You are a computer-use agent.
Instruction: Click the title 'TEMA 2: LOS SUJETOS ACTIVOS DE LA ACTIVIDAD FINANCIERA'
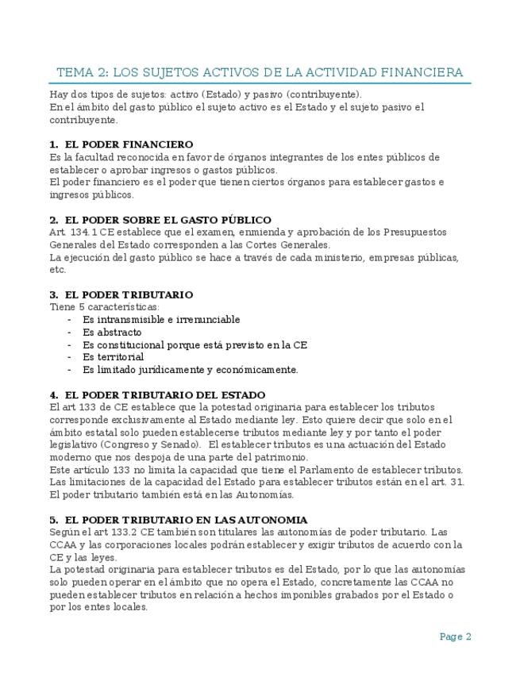[260, 72]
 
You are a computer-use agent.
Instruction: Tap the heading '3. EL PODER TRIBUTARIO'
[121, 294]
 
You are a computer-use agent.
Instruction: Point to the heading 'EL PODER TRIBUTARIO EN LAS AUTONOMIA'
[178, 520]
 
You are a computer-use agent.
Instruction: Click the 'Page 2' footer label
[456, 636]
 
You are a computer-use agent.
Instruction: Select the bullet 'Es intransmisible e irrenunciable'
[161, 320]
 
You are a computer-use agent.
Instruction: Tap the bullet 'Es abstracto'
[112, 333]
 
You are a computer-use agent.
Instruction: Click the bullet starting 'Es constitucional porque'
[195, 345]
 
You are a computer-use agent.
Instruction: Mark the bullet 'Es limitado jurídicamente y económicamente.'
[191, 370]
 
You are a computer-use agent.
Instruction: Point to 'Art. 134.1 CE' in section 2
[82, 233]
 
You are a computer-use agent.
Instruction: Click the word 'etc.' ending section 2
[57, 270]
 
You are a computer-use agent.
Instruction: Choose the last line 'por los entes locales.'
[98, 607]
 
